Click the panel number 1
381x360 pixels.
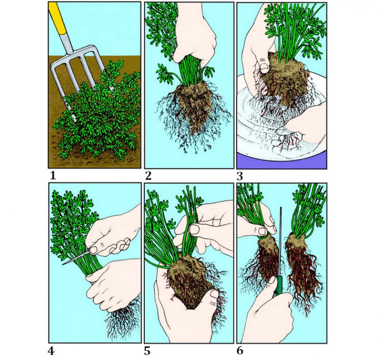[53, 175]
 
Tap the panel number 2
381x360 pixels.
[148, 176]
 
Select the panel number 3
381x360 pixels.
[240, 176]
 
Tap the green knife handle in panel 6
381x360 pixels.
[279, 286]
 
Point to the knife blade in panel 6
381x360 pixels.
[281, 241]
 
